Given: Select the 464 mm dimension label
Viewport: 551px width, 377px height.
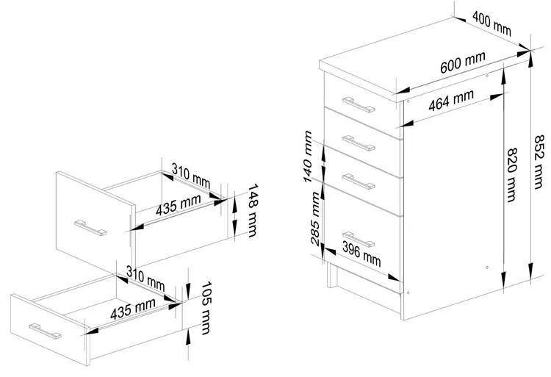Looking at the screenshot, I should pyautogui.click(x=451, y=98).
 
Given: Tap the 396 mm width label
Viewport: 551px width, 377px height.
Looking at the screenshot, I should pyautogui.click(x=361, y=257).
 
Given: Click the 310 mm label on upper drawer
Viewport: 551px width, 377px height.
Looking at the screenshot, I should pyautogui.click(x=190, y=177).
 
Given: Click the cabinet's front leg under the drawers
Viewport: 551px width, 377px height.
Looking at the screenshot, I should pyautogui.click(x=333, y=279).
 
